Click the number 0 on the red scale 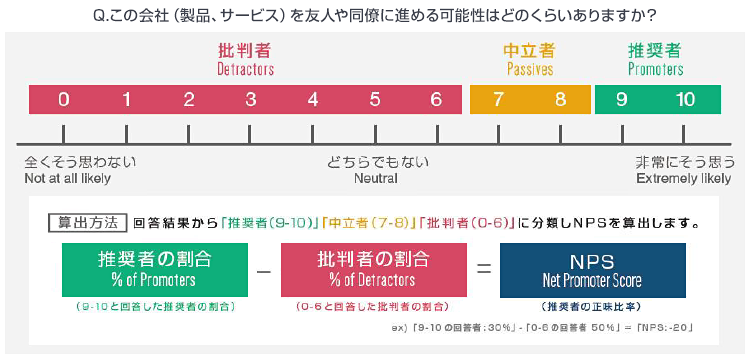[64, 99]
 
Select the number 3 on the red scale [251, 99]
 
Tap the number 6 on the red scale [436, 99]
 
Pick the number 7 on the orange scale [499, 99]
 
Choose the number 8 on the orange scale [560, 99]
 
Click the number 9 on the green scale [622, 99]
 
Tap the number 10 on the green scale [685, 99]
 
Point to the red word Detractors [245, 70]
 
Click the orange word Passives [530, 70]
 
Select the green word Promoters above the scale [655, 70]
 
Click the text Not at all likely [68, 178]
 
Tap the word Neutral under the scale [376, 178]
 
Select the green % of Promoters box [154, 269]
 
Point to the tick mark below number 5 [375, 134]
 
